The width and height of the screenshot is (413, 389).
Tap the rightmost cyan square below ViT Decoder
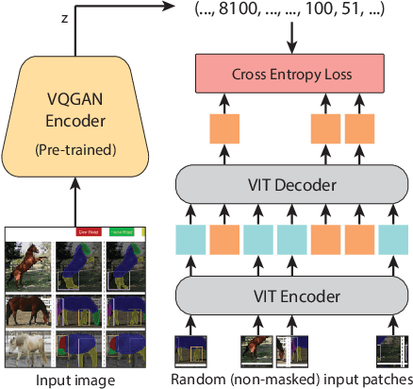[391, 242]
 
